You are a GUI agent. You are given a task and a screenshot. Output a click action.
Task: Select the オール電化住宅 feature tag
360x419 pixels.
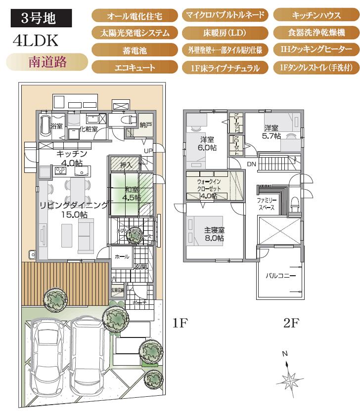[x=135, y=16]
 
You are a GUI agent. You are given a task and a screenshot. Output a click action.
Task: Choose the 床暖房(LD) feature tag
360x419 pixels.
[x=225, y=33]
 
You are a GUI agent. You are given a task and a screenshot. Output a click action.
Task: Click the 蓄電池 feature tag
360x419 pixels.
[x=135, y=50]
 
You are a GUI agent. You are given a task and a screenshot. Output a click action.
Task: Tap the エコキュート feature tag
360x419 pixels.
[x=135, y=67]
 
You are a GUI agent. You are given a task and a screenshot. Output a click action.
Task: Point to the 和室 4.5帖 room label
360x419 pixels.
[x=132, y=193]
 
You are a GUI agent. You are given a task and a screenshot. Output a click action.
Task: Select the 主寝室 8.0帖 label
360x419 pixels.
[x=215, y=234]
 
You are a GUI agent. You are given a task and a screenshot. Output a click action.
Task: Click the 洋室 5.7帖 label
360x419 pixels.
[x=271, y=131]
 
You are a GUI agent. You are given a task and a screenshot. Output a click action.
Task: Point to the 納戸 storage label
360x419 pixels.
[x=145, y=125]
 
